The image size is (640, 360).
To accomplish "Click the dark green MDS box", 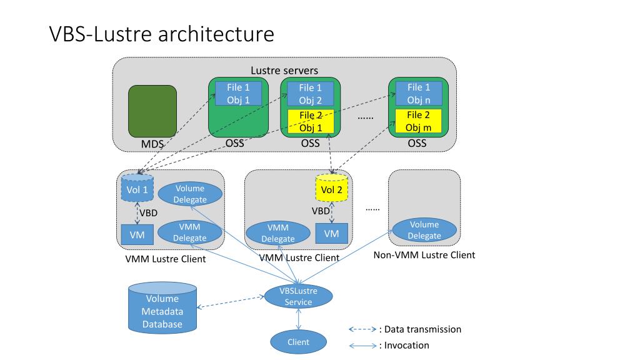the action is (152, 111).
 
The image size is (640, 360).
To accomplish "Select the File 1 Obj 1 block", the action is (238, 94).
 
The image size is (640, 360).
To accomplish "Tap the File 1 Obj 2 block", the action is (311, 94).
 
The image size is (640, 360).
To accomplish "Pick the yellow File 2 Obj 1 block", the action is (311, 121).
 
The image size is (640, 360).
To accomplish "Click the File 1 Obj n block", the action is (419, 94).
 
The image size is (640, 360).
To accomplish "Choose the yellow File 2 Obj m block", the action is (419, 121).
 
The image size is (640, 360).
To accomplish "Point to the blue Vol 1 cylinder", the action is (137, 187).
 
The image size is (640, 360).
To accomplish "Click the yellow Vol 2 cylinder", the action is (332, 187).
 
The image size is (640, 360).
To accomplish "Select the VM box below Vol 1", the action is (137, 235).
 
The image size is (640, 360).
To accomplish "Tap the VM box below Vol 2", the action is (331, 234).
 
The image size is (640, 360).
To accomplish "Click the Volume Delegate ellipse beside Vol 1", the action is (190, 194).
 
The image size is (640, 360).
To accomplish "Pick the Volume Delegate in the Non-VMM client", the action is (424, 230).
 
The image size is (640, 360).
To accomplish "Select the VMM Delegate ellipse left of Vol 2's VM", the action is (278, 233).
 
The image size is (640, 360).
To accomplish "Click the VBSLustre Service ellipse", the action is (298, 296).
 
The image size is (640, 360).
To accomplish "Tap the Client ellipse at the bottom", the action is (298, 342).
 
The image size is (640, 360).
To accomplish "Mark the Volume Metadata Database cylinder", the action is (162, 307).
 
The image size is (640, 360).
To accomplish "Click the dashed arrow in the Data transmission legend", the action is (363, 329).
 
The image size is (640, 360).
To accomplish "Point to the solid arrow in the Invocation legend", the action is (363, 346).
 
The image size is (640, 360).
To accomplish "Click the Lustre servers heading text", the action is (284, 71).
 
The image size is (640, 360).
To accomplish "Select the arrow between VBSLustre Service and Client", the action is (298, 319).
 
